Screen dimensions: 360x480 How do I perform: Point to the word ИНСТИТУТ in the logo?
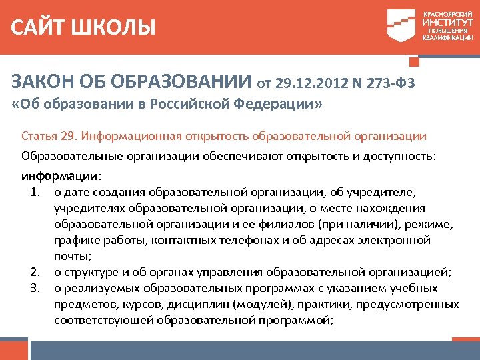[x=447, y=21]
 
